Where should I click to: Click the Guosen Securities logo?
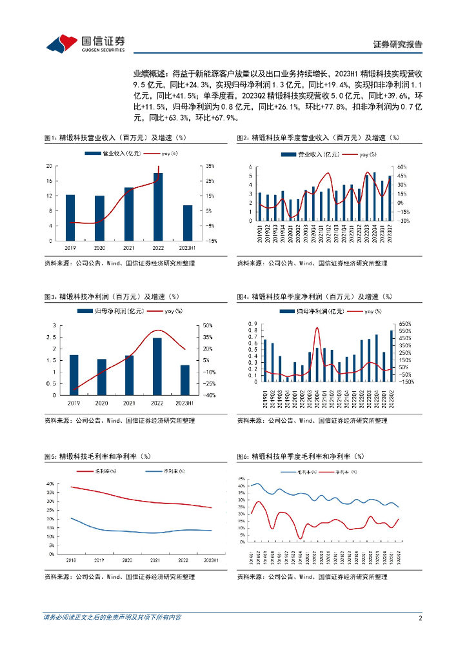pos(85,43)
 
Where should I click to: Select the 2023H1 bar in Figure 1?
pos(188,223)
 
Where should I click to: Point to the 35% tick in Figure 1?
pos(211,166)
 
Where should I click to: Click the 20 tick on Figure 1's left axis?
pos(49,166)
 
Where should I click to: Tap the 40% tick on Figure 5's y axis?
pos(50,484)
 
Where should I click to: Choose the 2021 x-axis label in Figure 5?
pos(155,561)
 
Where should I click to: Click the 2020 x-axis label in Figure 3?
pos(101,403)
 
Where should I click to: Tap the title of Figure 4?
pos(314,296)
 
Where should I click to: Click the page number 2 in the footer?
pos(420,618)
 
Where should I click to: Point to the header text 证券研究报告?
pos(398,45)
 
